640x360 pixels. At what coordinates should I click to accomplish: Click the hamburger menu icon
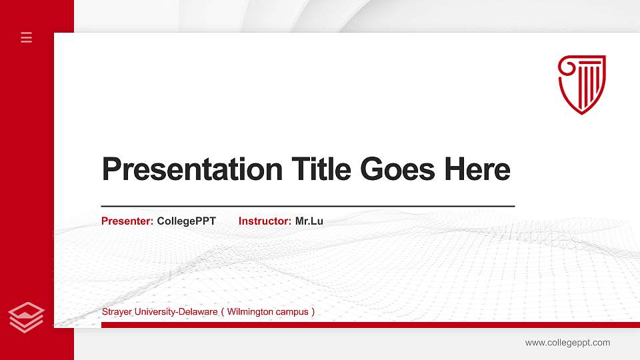(27, 37)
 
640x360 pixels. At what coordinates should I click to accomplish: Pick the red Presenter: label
(127, 221)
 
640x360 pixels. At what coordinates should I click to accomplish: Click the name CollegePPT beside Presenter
(187, 221)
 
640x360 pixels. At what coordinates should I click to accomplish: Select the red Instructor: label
(265, 221)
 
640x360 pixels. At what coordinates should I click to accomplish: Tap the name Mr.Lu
(309, 221)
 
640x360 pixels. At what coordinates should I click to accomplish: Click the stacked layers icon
(27, 317)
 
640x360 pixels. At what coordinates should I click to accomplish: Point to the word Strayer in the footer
(116, 312)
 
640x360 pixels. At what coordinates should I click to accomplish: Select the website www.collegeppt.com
(567, 343)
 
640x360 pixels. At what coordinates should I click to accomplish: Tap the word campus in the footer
(293, 312)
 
